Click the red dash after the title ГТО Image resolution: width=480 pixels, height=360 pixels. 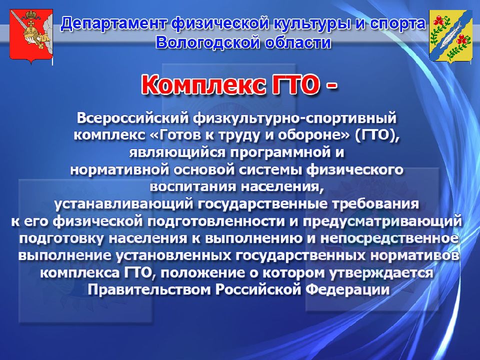(331, 85)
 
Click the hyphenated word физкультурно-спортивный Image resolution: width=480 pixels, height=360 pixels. (294, 118)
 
